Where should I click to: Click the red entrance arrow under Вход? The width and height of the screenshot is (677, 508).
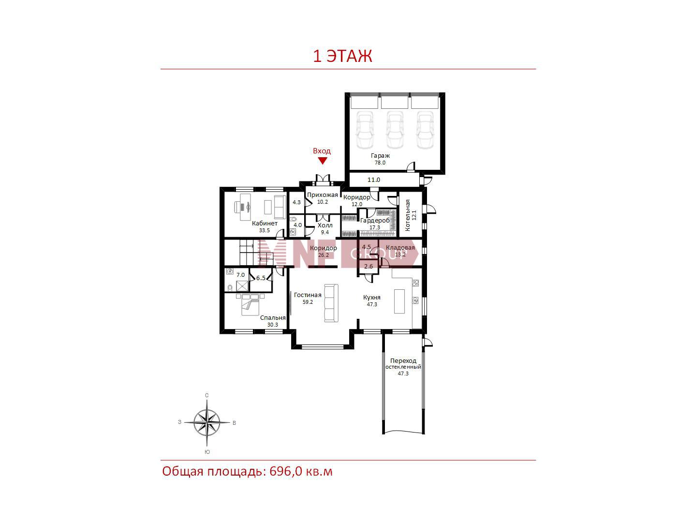(323, 161)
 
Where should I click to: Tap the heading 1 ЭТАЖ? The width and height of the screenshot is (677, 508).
(342, 56)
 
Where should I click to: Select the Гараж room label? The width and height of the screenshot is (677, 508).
(380, 156)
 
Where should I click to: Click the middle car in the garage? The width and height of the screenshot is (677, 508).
(395, 130)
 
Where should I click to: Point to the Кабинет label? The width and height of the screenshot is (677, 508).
(265, 224)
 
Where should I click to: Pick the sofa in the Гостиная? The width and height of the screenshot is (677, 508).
(331, 303)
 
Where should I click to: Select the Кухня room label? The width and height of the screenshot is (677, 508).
(372, 298)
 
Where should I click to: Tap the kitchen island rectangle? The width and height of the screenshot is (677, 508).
(399, 301)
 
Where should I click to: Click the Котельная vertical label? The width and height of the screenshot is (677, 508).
(408, 215)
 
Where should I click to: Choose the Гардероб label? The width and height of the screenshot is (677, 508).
(375, 221)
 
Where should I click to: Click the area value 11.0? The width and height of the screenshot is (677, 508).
(373, 179)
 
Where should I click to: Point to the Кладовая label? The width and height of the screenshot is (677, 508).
(400, 247)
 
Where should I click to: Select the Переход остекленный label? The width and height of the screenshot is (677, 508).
(403, 364)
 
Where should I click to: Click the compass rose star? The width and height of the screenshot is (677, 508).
(207, 422)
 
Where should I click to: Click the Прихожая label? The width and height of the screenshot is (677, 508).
(323, 195)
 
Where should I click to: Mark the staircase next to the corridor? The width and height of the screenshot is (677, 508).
(256, 253)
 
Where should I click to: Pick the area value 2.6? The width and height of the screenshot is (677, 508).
(368, 266)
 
